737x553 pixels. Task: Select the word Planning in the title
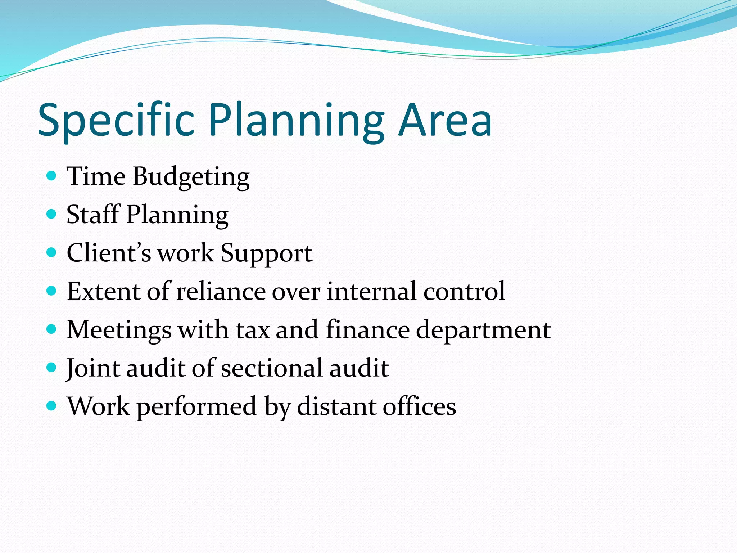296,121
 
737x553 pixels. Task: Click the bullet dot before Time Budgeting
52,176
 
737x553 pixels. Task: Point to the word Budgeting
191,177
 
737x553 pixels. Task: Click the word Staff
93,215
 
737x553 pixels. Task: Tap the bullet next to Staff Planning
52,214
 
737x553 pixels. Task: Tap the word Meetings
119,331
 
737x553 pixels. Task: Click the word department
483,331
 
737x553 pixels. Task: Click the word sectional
272,368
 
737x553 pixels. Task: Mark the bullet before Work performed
52,406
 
